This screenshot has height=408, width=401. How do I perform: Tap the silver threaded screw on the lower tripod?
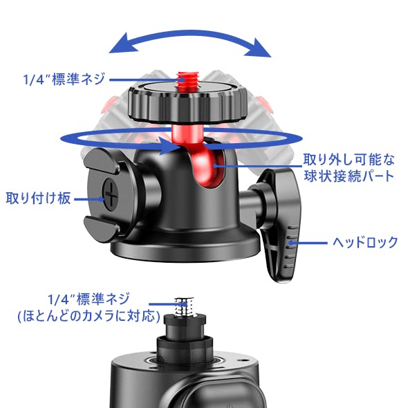point(185,308)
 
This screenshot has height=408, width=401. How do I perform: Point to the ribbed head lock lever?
point(281,224)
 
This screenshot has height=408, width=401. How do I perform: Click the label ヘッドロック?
point(365,242)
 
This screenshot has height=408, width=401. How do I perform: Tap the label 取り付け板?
point(39,198)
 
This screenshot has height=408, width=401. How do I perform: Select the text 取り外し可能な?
point(349,160)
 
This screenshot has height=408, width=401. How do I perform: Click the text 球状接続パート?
point(349,176)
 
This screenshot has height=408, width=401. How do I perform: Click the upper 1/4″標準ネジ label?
point(64,79)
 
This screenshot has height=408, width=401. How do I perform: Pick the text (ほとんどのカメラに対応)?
point(88,316)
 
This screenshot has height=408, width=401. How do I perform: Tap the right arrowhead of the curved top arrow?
point(258,48)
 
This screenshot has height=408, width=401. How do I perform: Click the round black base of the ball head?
point(185,247)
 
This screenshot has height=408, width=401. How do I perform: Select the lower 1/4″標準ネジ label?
point(88,299)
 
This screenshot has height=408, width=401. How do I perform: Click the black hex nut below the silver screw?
point(185,343)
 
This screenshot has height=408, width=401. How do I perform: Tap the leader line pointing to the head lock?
point(308,243)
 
